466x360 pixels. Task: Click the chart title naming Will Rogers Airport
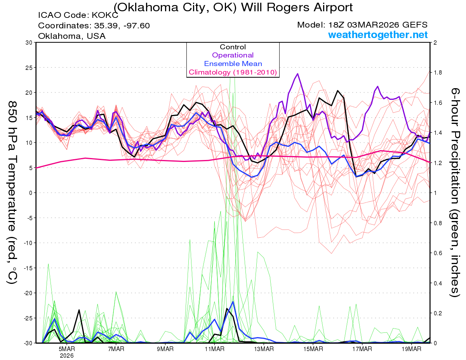pyautogui.click(x=233, y=7)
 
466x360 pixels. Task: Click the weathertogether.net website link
pyautogui.click(x=378, y=35)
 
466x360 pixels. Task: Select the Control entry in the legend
pyautogui.click(x=233, y=47)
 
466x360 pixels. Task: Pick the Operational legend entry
pyautogui.click(x=233, y=55)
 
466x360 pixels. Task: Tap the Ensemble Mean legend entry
pyautogui.click(x=233, y=64)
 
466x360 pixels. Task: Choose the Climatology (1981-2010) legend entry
pyautogui.click(x=233, y=72)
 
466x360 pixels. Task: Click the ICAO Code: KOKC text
pyautogui.click(x=78, y=16)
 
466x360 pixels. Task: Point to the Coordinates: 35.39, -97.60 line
pyautogui.click(x=94, y=26)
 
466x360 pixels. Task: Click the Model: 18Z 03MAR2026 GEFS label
pyautogui.click(x=362, y=25)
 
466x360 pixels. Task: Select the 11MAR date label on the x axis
pyautogui.click(x=214, y=349)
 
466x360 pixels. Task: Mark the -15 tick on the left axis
pyautogui.click(x=28, y=268)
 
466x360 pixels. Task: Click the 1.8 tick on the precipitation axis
pyautogui.click(x=437, y=73)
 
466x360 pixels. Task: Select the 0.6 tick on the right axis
pyautogui.click(x=437, y=253)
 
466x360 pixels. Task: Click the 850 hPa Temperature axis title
pyautogui.click(x=12, y=192)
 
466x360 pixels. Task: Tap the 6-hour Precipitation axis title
pyautogui.click(x=455, y=192)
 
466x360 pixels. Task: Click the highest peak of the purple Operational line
pyautogui.click(x=297, y=73)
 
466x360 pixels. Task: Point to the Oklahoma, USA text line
pyautogui.click(x=72, y=36)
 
